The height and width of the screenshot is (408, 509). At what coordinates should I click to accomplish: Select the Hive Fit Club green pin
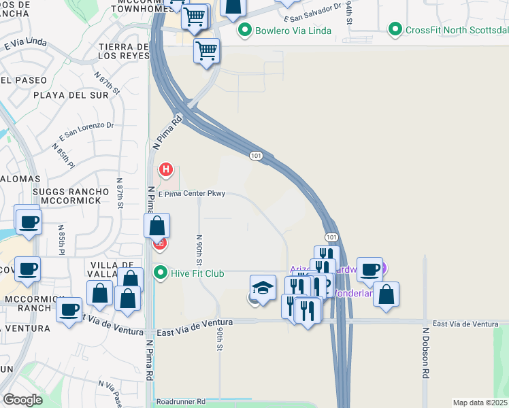coord(161,273)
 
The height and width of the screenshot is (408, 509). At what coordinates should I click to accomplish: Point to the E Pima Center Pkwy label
coord(191,194)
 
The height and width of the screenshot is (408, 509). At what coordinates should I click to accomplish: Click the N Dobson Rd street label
coord(425,353)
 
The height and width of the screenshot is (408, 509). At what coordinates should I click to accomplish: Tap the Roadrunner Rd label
coord(180,401)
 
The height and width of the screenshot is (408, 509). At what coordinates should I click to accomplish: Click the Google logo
coord(22,400)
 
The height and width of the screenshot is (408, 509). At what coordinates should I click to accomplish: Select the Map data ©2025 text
coord(480,403)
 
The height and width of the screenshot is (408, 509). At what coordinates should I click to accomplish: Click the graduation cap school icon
coord(263,288)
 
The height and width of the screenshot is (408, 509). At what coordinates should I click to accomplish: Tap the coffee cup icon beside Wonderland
coord(370,270)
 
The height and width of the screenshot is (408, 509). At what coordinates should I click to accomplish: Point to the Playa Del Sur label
coord(71,95)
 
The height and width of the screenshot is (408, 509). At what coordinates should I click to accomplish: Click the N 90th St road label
coord(199,250)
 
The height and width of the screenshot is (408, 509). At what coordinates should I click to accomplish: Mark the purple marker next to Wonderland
coord(383,269)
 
